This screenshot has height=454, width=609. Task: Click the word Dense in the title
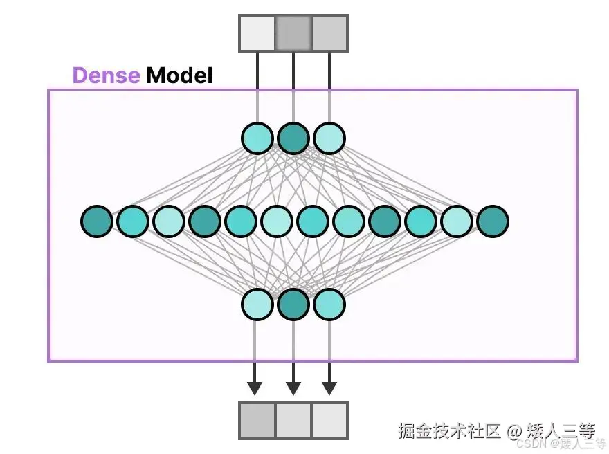106,75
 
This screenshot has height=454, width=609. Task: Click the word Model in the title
179,75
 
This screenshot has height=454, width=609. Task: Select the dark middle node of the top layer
293,138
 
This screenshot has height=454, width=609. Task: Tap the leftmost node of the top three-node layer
257,138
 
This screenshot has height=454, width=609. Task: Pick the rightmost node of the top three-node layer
329,138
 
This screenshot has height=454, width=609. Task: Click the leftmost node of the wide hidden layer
97,221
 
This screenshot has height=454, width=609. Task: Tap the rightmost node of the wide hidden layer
492,221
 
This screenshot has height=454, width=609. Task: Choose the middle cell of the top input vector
293,33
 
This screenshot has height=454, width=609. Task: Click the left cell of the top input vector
257,33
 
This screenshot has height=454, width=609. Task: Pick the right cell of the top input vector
329,33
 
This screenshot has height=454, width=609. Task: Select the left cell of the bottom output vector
257,420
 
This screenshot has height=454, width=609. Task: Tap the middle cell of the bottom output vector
293,420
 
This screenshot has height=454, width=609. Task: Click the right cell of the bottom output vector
329,420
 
